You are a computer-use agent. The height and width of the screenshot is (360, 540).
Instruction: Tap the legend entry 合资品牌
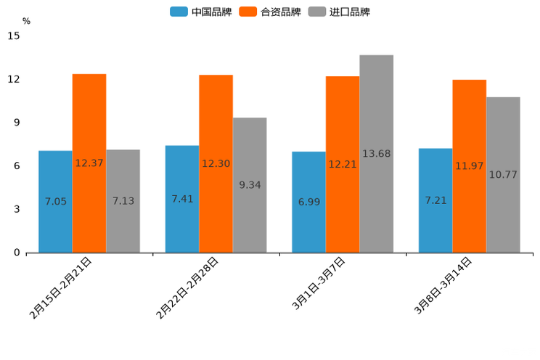coord(270,12)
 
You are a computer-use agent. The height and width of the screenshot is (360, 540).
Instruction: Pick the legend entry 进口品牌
coord(339,12)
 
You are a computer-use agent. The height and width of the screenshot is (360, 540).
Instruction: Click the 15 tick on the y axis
coord(14,36)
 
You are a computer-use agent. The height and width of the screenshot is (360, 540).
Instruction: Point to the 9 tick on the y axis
coord(17,123)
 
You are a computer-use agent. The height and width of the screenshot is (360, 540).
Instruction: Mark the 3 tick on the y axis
coord(17,209)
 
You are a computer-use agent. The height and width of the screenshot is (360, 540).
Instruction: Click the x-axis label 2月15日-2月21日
coord(61,288)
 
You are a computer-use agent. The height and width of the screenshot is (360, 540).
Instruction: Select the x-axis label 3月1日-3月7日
coord(319,284)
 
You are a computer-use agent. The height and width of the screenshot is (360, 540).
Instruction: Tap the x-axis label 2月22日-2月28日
coord(188,288)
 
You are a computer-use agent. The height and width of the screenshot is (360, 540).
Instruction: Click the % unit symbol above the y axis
coord(26,21)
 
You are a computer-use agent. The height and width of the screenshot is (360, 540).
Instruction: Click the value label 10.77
coord(503,175)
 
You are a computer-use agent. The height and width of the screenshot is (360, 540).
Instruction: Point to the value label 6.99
coord(309,202)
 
